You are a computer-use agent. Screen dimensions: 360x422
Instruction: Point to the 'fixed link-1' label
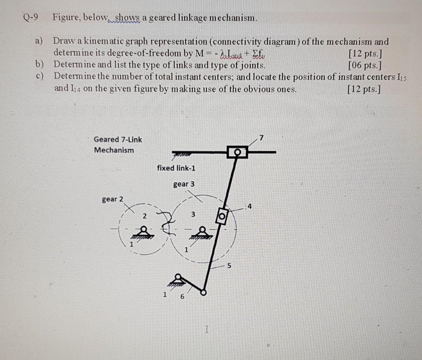coord(176,168)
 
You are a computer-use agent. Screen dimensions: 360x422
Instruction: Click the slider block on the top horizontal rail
coord(237,152)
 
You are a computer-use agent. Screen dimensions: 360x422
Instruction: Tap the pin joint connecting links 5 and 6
coord(203,293)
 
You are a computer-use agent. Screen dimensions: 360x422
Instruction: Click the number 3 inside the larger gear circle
coord(193,215)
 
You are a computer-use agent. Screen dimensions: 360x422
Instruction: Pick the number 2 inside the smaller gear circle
coord(144,216)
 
